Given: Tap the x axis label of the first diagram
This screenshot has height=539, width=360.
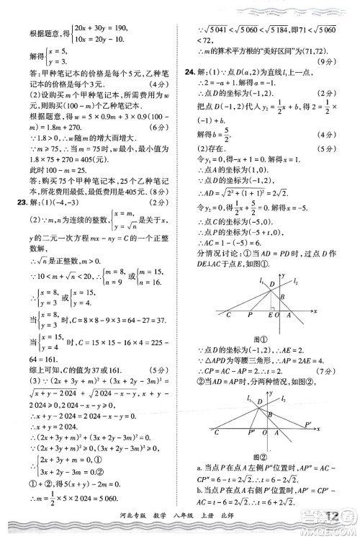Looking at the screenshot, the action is click(x=315, y=309).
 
